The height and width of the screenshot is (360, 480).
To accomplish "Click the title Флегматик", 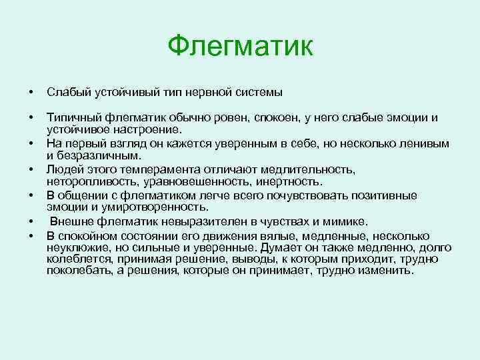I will click(239, 46).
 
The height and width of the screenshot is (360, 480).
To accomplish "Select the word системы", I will click(259, 91).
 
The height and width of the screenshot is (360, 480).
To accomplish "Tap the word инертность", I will click(289, 182).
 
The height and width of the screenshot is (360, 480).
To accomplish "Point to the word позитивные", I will click(387, 195).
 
